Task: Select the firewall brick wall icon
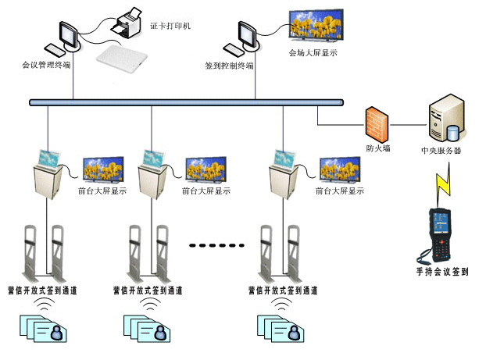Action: point(377,123)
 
